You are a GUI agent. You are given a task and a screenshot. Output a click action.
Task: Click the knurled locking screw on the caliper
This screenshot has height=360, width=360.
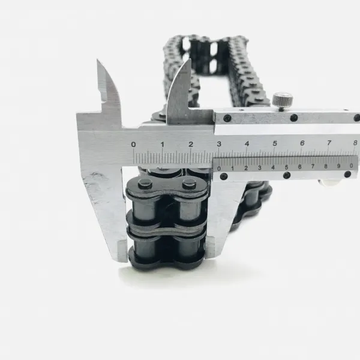283,100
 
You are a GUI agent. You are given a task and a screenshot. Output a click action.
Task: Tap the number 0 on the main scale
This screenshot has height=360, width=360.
133,145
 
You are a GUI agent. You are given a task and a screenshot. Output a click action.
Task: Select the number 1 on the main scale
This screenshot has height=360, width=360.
163,145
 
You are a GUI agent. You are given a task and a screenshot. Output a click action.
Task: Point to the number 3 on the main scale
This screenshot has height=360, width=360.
219,144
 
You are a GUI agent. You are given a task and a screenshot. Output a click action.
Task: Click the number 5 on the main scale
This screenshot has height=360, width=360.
275,143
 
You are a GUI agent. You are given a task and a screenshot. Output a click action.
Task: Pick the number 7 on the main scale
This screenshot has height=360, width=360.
329,143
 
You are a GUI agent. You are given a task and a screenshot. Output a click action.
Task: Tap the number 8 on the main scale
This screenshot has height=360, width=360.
355,143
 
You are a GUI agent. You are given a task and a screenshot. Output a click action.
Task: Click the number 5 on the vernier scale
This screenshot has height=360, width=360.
286,167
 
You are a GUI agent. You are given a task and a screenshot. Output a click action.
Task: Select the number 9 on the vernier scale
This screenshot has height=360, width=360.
338,166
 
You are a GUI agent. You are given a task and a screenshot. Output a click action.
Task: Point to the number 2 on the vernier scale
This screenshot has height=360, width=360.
246,168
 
